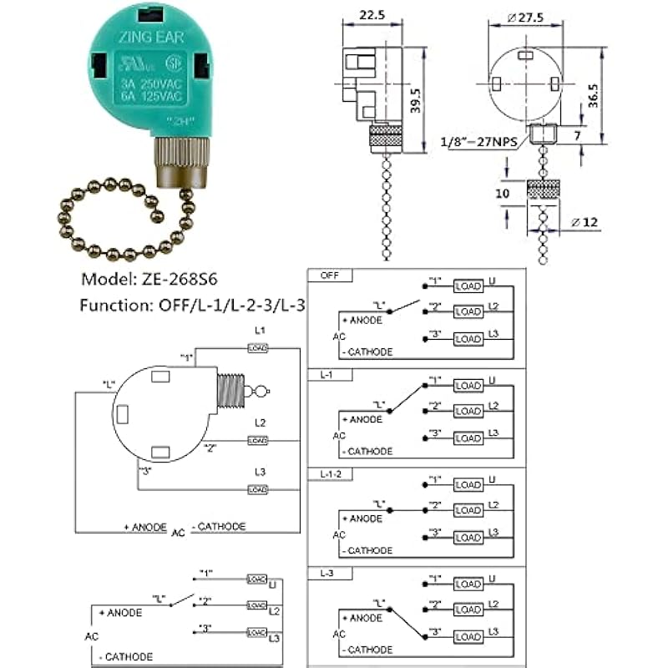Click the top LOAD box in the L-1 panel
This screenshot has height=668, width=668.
tap(468, 384)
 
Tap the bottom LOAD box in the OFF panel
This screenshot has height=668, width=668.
tap(468, 339)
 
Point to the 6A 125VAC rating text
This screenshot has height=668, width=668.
tap(150, 95)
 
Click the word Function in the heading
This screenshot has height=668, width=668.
tap(109, 306)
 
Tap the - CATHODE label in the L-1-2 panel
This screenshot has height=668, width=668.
tap(367, 550)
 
